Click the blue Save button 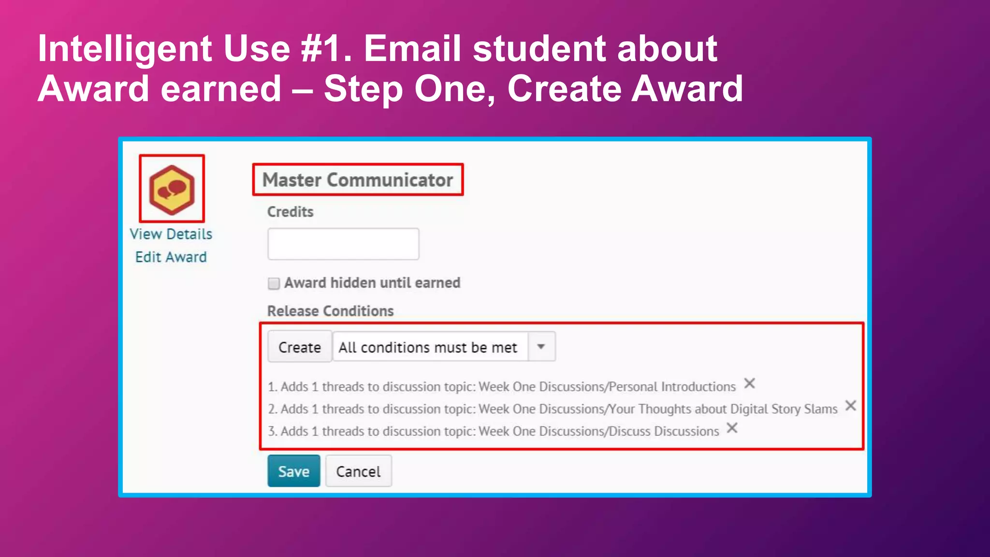[294, 471]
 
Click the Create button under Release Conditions [300, 347]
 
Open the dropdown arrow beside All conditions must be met [541, 346]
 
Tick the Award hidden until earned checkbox [274, 283]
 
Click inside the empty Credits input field [343, 244]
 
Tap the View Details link [171, 234]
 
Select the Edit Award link [171, 257]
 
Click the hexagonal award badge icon [172, 189]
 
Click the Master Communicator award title [358, 180]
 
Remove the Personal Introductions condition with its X [749, 383]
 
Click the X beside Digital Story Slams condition [851, 406]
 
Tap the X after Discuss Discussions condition [732, 428]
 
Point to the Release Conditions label [331, 311]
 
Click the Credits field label [291, 212]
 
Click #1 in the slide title [326, 48]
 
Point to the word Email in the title [412, 48]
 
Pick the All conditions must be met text [428, 347]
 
